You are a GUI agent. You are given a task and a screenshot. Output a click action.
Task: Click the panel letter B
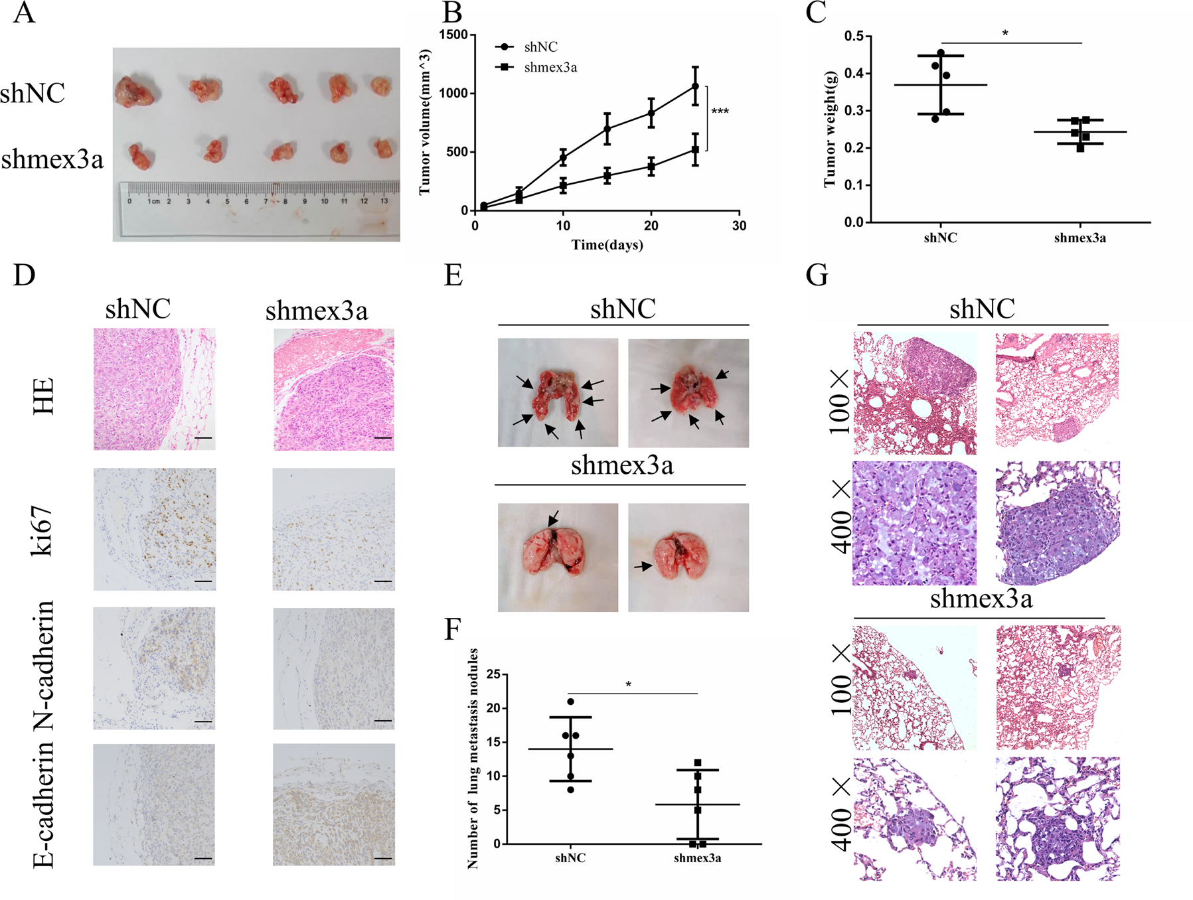451,13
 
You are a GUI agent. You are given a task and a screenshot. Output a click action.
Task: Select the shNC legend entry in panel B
540,47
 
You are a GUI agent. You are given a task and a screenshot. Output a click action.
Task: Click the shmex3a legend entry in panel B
550,67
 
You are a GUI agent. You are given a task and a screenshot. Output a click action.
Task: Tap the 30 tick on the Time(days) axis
739,226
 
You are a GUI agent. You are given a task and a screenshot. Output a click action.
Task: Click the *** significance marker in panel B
720,112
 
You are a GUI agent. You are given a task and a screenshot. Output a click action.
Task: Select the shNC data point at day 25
695,86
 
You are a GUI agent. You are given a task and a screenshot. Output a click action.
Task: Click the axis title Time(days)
607,245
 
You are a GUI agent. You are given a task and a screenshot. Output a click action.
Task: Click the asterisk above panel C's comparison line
1005,34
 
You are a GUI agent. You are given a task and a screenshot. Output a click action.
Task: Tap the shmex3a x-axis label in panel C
1079,238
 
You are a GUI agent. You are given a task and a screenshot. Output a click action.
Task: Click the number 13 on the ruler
384,200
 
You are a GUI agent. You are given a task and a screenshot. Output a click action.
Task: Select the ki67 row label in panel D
43,529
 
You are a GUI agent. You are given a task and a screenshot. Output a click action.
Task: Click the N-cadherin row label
43,666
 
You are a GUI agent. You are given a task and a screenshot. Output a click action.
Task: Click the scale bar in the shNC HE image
203,438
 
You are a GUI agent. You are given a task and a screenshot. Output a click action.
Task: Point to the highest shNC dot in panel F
571,702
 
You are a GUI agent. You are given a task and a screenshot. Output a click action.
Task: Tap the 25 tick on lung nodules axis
493,674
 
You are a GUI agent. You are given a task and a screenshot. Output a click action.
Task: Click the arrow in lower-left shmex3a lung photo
553,518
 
